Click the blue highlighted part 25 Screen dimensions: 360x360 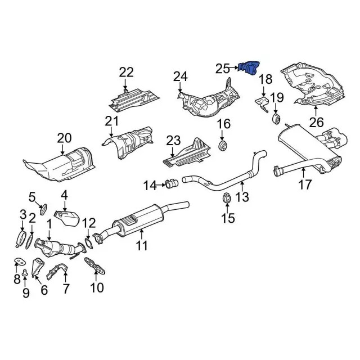[x=249, y=68]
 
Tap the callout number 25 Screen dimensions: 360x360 [x=223, y=68]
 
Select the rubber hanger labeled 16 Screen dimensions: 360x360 [x=222, y=146]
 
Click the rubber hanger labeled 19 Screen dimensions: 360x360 [x=276, y=118]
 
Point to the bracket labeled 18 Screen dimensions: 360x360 [x=263, y=103]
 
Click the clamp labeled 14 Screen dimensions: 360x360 [x=172, y=184]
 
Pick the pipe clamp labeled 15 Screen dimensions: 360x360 [x=227, y=197]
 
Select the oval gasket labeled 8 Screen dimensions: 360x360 [x=19, y=261]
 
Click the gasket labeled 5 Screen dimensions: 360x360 [x=43, y=209]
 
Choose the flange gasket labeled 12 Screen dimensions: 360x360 [x=89, y=244]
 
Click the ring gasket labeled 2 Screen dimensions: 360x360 [x=29, y=241]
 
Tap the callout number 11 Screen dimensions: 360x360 [x=142, y=246]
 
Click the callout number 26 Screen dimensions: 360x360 [x=316, y=122]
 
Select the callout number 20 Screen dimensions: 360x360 [x=64, y=138]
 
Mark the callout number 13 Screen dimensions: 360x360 [x=242, y=197]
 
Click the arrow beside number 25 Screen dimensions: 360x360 [x=234, y=67]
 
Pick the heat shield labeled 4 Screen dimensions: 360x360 [x=66, y=218]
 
